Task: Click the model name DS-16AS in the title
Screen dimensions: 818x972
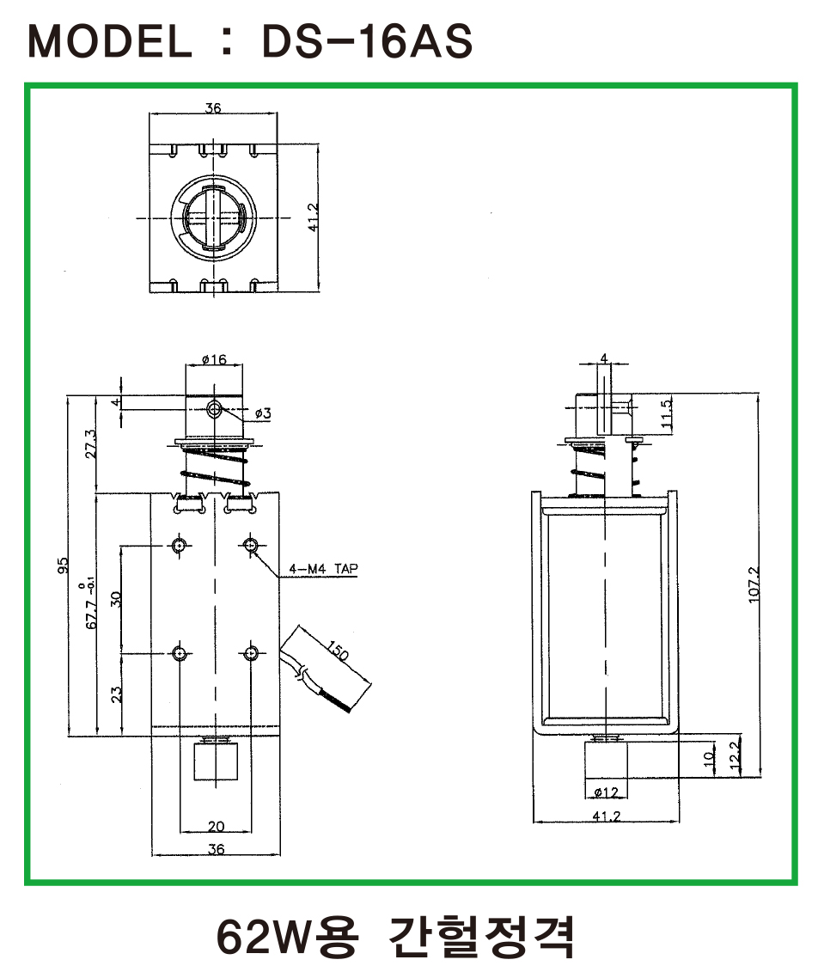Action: tap(367, 41)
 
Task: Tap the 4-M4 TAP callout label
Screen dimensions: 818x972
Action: tap(323, 568)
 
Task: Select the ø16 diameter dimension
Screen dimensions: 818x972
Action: tap(215, 359)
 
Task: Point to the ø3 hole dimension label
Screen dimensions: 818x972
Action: tap(263, 413)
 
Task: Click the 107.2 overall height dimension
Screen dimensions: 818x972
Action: tap(754, 584)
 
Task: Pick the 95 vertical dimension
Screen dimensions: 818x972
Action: tap(63, 565)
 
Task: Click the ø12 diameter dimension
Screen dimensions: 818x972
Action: tap(606, 792)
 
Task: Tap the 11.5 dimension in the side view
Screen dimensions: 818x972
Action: tap(666, 413)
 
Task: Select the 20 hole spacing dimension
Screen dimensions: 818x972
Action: tap(216, 826)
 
